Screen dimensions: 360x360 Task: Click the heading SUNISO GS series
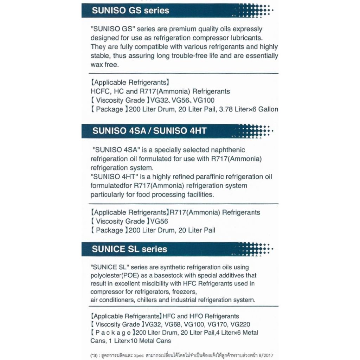tap(130, 11)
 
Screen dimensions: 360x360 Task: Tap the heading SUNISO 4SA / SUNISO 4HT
tap(149, 131)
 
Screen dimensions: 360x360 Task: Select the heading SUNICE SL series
tap(129, 249)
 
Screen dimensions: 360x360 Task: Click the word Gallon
tap(268, 109)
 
